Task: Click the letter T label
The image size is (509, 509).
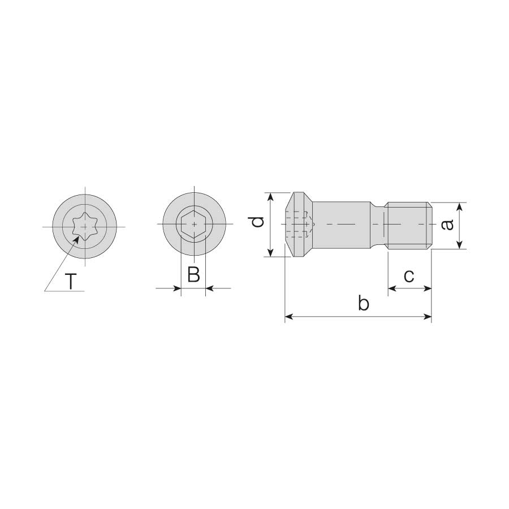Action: pos(71,281)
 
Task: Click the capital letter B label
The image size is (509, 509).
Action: pos(193,274)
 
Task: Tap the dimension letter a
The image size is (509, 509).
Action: pos(447,225)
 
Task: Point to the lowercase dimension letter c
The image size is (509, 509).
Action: pos(409,276)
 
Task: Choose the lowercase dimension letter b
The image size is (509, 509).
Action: pos(364,303)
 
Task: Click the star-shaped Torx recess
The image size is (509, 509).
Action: pos(84,227)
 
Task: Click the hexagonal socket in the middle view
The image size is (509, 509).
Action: pos(194,224)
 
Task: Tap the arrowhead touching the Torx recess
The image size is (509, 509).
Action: pos(76,240)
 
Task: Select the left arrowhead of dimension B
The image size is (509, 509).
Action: pos(177,288)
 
